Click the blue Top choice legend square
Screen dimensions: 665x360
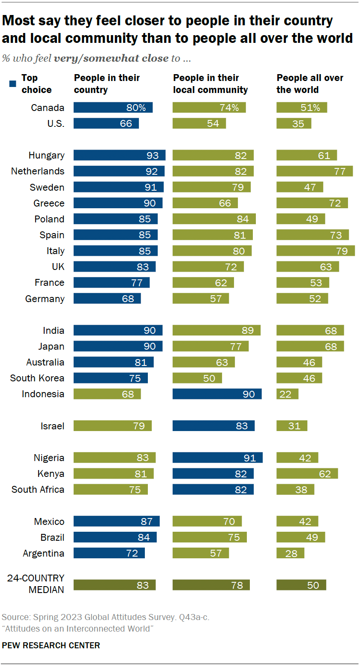click(13, 78)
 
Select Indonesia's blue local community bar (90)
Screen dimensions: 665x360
click(217, 394)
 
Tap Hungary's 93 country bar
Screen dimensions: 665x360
click(119, 155)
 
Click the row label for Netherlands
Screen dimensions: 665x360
click(38, 171)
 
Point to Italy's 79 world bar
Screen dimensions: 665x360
click(315, 251)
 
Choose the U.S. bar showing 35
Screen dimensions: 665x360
click(294, 123)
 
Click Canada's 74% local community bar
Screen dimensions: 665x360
click(209, 108)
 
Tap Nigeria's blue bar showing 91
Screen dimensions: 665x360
click(217, 458)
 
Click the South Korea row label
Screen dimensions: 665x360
click(37, 378)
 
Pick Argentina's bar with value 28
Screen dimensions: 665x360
click(290, 553)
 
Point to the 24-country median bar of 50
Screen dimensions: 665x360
click(301, 585)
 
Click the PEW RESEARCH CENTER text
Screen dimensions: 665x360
click(51, 645)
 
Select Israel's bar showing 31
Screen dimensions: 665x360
click(292, 426)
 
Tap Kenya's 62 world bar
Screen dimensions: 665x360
click(307, 473)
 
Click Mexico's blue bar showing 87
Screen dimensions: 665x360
click(117, 521)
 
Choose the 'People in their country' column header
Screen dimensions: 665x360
click(107, 84)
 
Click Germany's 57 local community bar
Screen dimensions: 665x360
click(201, 298)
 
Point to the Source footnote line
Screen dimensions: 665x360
click(105, 617)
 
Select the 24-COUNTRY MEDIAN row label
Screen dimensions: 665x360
click(36, 584)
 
